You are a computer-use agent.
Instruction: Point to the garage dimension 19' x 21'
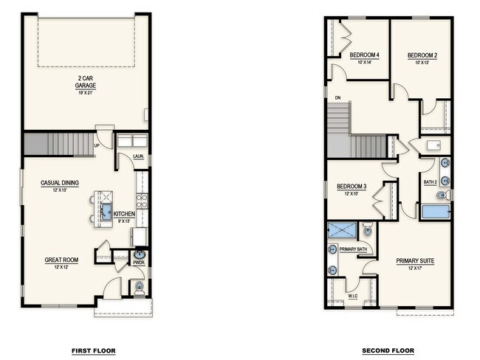[86, 93]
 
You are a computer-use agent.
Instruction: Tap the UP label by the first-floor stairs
[97, 145]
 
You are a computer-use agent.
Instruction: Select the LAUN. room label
[138, 156]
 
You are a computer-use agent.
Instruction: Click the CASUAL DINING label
[60, 183]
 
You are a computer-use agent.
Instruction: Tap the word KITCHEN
[124, 214]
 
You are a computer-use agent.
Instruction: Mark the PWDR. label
[138, 262]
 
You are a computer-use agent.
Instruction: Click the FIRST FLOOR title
[93, 350]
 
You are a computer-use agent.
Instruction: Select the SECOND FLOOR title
[388, 350]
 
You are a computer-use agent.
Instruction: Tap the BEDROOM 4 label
[364, 55]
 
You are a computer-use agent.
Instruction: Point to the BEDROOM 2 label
[422, 55]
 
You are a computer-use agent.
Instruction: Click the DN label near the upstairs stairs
[337, 97]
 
